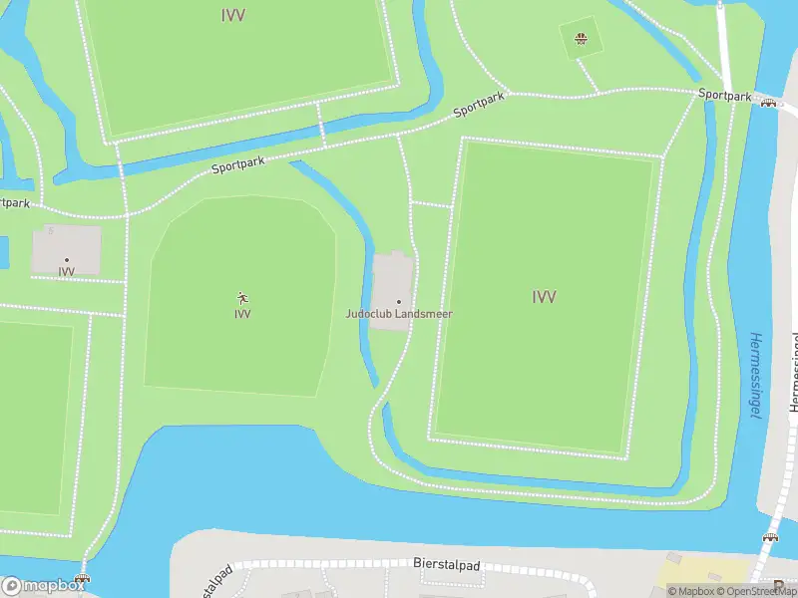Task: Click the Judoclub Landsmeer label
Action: (x=399, y=314)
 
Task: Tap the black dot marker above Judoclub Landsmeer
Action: (x=399, y=301)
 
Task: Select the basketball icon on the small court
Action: (x=580, y=41)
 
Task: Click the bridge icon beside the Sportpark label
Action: (x=768, y=102)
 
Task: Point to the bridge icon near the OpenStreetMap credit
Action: (x=769, y=538)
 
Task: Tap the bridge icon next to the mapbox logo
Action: (x=82, y=580)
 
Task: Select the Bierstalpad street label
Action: (x=446, y=565)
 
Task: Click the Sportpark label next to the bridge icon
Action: (x=724, y=95)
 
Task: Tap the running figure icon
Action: (x=242, y=298)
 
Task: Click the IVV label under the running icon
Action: (x=242, y=314)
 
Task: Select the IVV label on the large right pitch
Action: (x=544, y=296)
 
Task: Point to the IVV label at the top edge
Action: (x=232, y=15)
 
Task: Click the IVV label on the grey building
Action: (x=67, y=271)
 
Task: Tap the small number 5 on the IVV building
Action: (x=50, y=230)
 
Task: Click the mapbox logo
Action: (x=44, y=586)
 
